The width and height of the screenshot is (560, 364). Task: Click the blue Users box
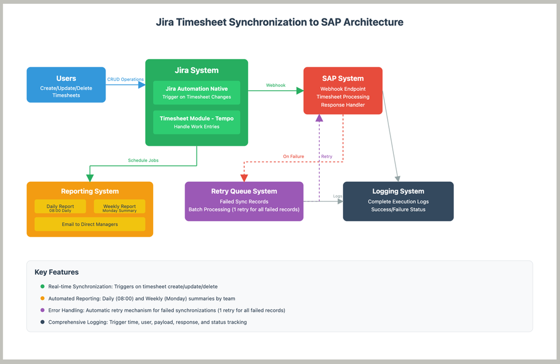(66, 85)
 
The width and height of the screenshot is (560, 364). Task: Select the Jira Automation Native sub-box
(196, 93)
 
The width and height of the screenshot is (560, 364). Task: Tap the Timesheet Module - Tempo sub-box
(196, 122)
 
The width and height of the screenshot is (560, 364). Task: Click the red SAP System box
(342, 91)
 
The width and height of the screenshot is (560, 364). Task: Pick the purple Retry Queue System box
(244, 201)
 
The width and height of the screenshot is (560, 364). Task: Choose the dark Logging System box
(398, 201)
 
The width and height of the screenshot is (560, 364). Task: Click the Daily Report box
(60, 207)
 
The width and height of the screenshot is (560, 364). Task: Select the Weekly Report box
(120, 207)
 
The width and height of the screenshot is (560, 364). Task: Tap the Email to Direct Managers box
(90, 224)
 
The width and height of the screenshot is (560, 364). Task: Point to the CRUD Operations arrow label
(125, 80)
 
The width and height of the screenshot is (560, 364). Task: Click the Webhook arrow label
(276, 85)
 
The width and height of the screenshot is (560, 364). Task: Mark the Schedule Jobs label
(143, 160)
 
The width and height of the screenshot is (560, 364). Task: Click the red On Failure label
(293, 156)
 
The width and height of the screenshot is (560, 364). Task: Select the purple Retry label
(326, 156)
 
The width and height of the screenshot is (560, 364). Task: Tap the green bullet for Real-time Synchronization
(42, 287)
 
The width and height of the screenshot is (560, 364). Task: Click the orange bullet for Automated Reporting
(42, 298)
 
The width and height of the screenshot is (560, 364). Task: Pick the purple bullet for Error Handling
(42, 310)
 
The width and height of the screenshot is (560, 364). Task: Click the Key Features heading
(57, 272)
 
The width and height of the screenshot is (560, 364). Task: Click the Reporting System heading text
(90, 191)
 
